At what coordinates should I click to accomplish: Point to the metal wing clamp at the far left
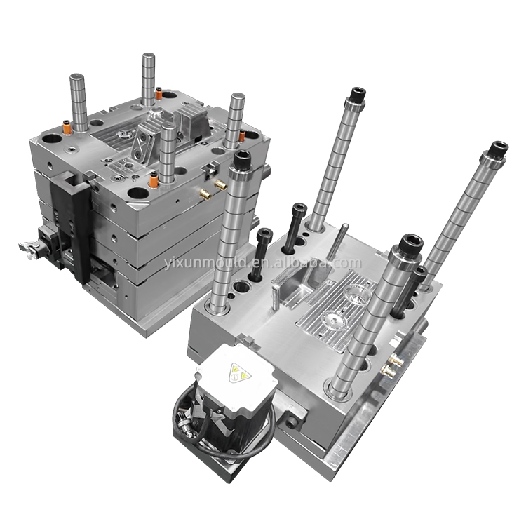(28, 249)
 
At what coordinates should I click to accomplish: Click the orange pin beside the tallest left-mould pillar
(159, 93)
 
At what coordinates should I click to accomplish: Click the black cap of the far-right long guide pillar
(499, 149)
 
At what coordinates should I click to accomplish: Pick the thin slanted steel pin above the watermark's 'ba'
(337, 242)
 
